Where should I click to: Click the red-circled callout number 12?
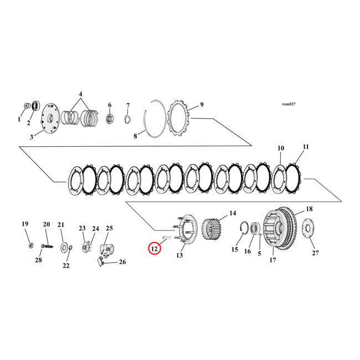tap(154, 249)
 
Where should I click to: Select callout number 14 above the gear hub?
tap(232, 212)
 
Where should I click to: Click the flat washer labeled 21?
tap(64, 245)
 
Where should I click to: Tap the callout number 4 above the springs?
tap(80, 94)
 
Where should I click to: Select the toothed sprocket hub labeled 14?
tap(210, 228)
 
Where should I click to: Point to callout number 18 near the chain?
tap(309, 209)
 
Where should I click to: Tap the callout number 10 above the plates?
tap(281, 148)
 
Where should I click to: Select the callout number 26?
tap(122, 262)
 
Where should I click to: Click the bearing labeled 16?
tap(256, 229)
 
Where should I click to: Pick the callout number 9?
tap(202, 104)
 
